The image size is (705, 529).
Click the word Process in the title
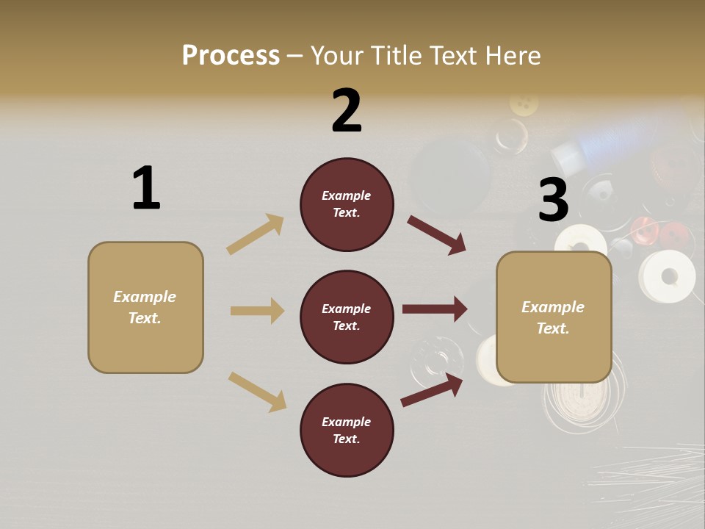click(231, 56)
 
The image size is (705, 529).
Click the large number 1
click(146, 189)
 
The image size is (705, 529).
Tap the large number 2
click(347, 111)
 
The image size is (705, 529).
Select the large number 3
click(553, 201)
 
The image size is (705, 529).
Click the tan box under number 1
click(145, 307)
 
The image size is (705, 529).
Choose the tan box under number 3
click(554, 317)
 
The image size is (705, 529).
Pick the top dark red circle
click(347, 204)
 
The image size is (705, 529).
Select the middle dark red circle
click(347, 317)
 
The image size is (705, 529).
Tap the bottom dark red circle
click(347, 430)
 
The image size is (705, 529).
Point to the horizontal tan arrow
click(257, 311)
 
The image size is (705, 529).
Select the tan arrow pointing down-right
click(257, 392)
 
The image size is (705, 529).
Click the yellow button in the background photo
click(523, 104)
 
